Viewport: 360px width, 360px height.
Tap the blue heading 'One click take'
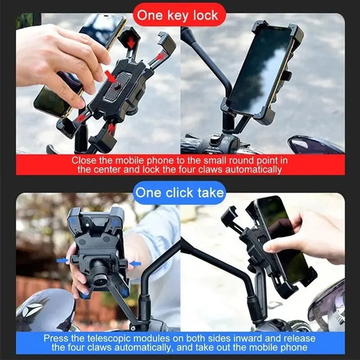point(179,192)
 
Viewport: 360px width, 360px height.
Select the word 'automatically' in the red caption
point(255,170)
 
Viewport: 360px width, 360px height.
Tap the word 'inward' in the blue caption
point(263,338)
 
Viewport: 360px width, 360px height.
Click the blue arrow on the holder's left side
point(61,259)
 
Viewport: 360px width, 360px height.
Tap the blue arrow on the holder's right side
point(136,263)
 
